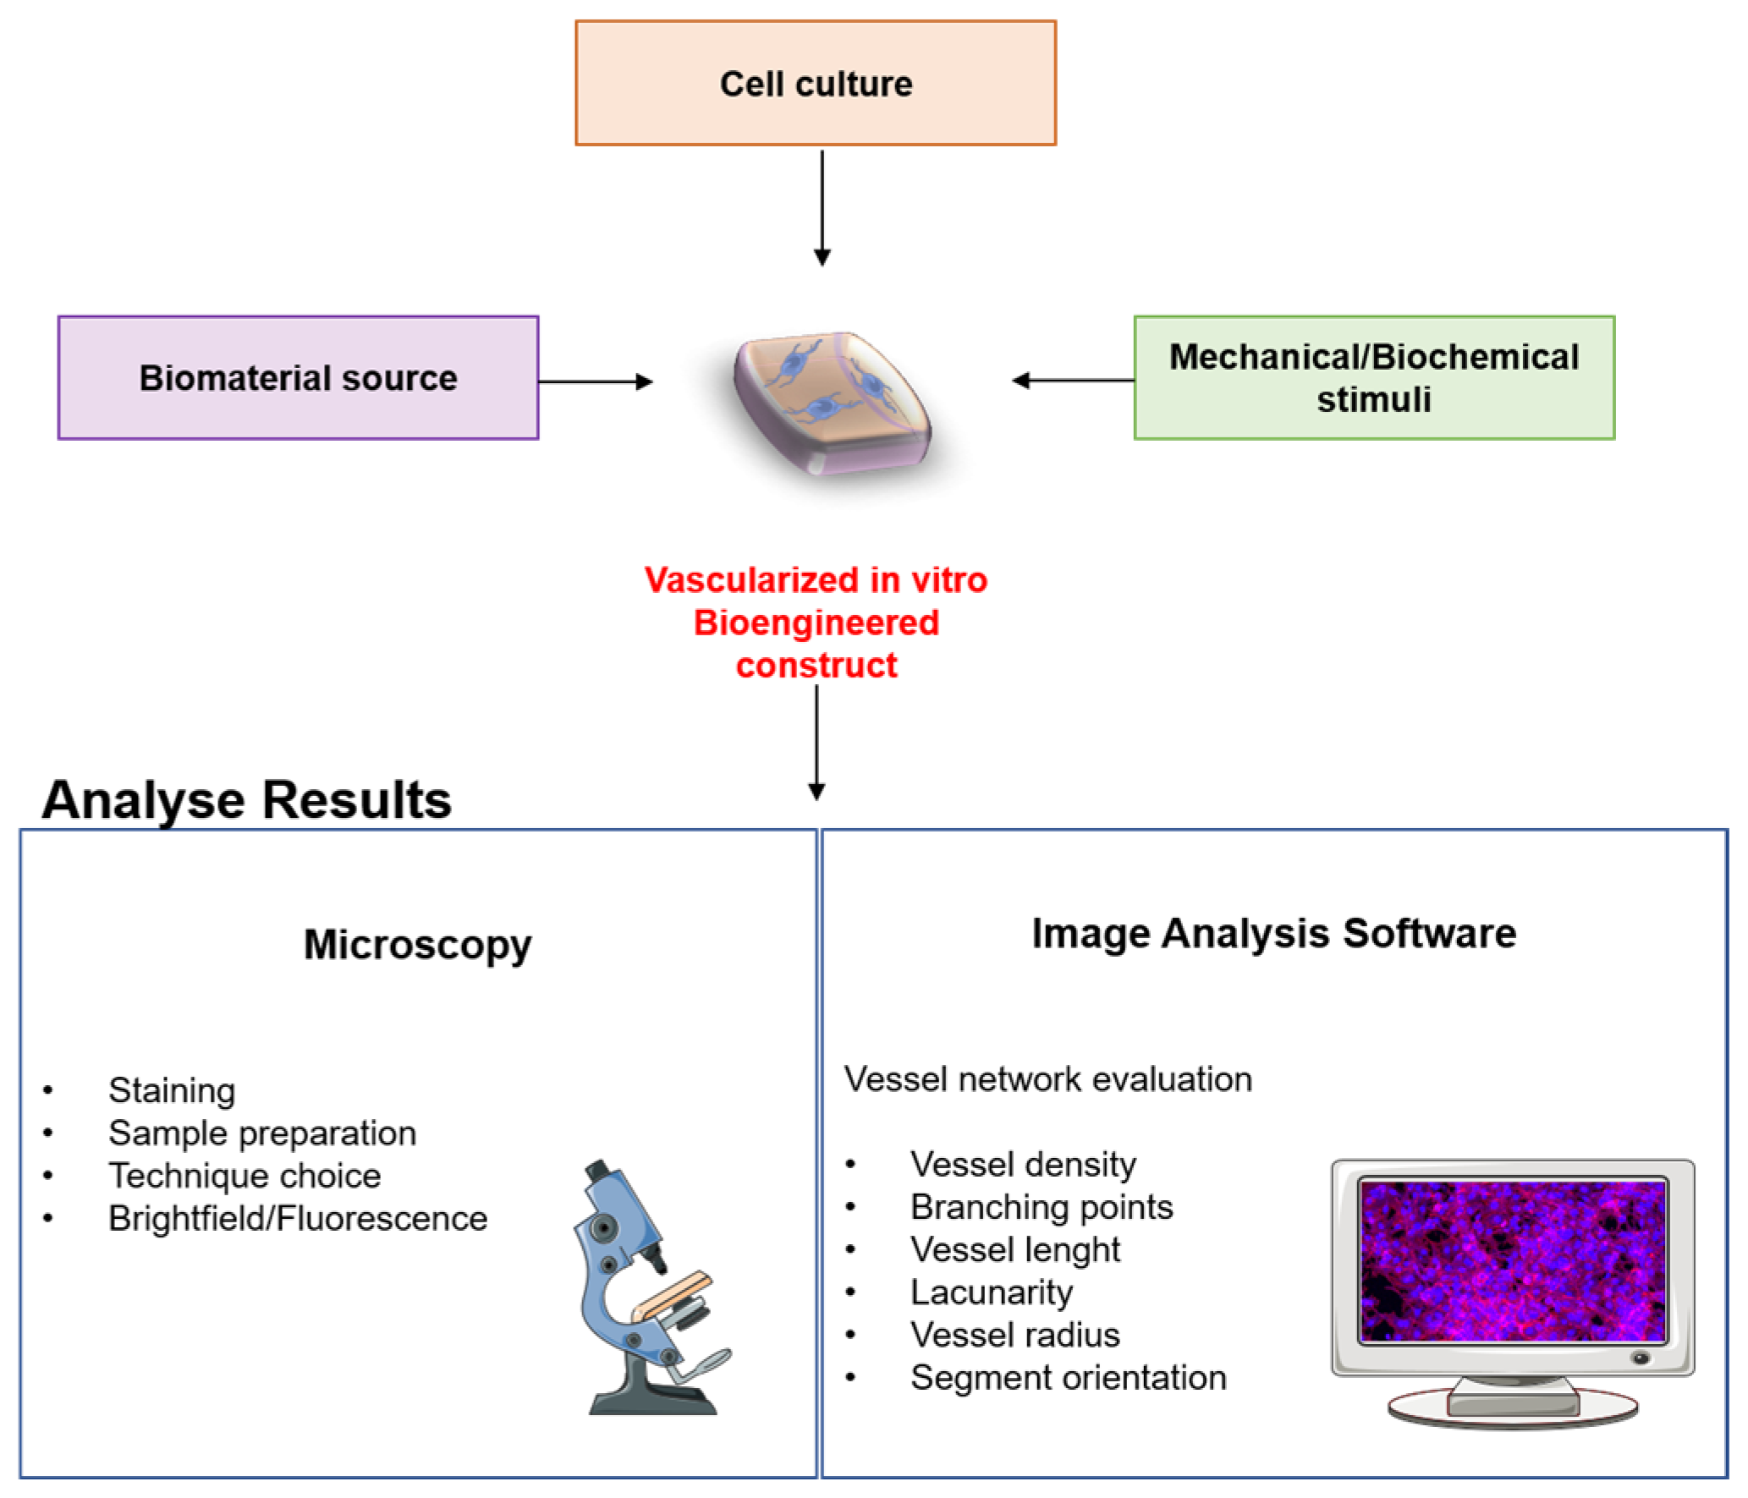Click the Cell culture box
click(815, 83)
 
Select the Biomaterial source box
click(298, 377)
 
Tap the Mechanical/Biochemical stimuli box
click(1373, 377)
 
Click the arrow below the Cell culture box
click(822, 207)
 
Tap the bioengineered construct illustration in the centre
click(833, 402)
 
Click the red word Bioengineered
click(816, 623)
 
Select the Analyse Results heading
click(246, 799)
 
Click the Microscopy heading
click(417, 944)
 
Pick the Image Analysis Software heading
click(1273, 933)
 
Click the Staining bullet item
click(172, 1090)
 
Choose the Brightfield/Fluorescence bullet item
click(298, 1218)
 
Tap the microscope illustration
click(647, 1290)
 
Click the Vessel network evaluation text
click(1047, 1079)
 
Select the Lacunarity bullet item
click(991, 1292)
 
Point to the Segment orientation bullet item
click(1068, 1378)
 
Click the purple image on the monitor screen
click(1512, 1261)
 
